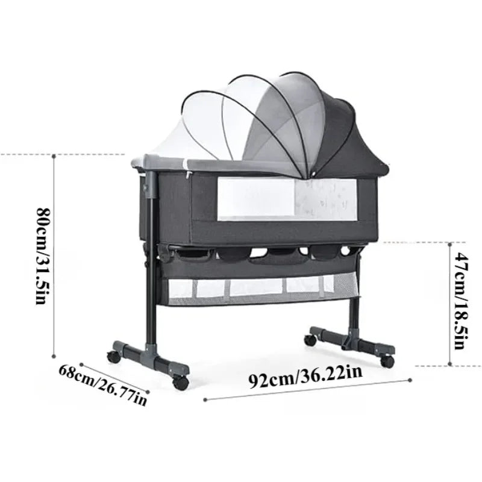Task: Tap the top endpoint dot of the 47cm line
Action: [x=451, y=242]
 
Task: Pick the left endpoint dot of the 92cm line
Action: [x=205, y=399]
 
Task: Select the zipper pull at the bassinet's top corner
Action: [x=189, y=175]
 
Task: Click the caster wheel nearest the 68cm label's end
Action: [x=179, y=382]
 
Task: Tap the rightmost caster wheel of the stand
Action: [x=387, y=361]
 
